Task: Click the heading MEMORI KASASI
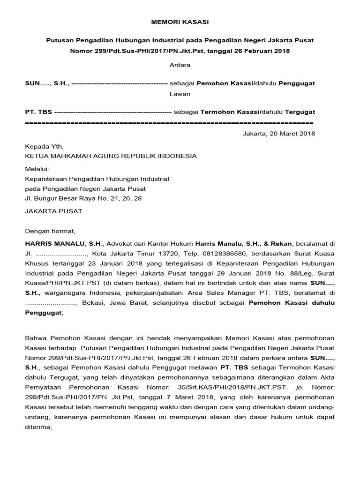(x=180, y=22)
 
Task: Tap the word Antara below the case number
(x=180, y=65)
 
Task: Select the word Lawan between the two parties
(x=180, y=94)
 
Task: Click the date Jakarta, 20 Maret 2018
(x=279, y=134)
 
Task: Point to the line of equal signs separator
(x=169, y=122)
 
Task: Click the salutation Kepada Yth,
(x=43, y=146)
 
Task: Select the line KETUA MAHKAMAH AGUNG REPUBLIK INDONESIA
(x=111, y=156)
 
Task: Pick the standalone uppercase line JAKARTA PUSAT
(x=53, y=211)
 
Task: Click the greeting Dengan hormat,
(x=50, y=231)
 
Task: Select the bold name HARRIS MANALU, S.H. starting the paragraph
(x=62, y=244)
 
